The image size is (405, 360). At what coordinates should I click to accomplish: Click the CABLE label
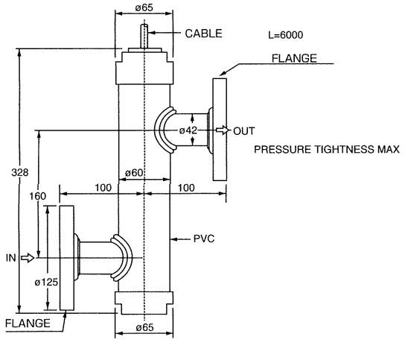203,34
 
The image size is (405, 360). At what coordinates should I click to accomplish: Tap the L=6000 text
286,35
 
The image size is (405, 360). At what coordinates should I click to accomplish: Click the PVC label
204,239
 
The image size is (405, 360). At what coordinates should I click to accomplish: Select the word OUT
244,131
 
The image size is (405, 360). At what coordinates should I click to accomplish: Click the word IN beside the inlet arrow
11,258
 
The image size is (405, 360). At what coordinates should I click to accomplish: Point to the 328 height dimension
20,172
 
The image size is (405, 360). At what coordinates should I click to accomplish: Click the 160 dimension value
37,196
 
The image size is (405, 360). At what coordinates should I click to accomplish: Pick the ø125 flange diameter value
46,282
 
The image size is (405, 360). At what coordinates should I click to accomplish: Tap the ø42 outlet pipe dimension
188,130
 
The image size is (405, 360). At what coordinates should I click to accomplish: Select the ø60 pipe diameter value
134,172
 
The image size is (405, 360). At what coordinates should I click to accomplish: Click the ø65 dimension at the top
144,7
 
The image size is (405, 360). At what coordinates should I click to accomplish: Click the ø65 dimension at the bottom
144,327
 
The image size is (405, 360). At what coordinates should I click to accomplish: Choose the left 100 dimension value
103,188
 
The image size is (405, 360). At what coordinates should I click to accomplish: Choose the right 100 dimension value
186,188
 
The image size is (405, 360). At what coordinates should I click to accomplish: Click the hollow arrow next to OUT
223,130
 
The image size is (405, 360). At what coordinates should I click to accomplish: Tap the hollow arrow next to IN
28,258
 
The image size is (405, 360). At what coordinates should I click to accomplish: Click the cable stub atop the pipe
144,36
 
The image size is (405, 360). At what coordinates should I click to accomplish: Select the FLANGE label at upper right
294,58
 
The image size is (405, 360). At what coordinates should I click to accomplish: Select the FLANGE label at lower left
28,323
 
